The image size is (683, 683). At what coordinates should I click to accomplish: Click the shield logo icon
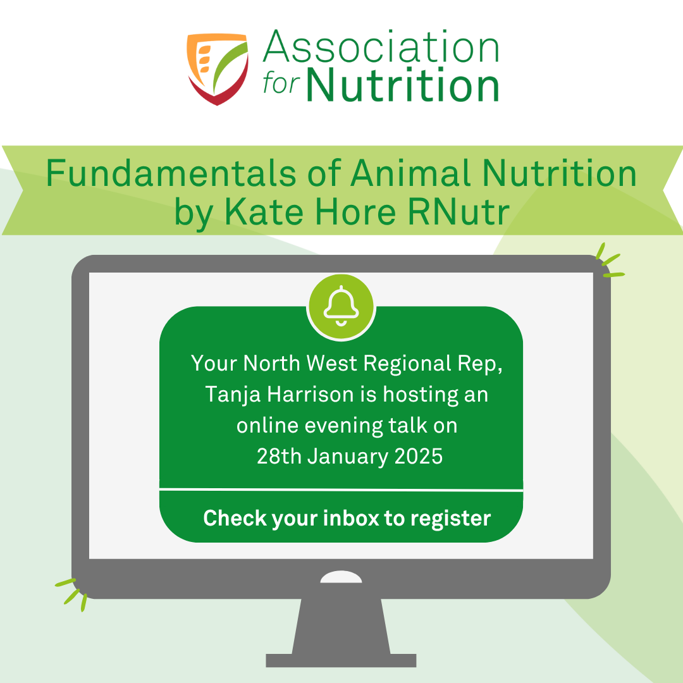[x=218, y=69]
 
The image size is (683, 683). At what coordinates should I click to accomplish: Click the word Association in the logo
[x=381, y=46]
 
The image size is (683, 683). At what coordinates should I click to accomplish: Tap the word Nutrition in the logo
[x=403, y=85]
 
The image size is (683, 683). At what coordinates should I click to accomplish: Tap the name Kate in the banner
[x=264, y=212]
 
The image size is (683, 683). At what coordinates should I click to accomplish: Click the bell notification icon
[x=341, y=307]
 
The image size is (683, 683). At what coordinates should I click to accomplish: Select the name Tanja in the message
[x=233, y=395]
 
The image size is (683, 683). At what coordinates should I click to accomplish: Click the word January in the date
[x=348, y=457]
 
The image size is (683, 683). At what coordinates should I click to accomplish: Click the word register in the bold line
[x=450, y=519]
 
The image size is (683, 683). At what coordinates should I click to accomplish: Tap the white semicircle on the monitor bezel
[x=341, y=577]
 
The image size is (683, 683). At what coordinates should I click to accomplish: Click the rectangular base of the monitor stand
[x=341, y=660]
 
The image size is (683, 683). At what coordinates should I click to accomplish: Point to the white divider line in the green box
[x=341, y=490]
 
